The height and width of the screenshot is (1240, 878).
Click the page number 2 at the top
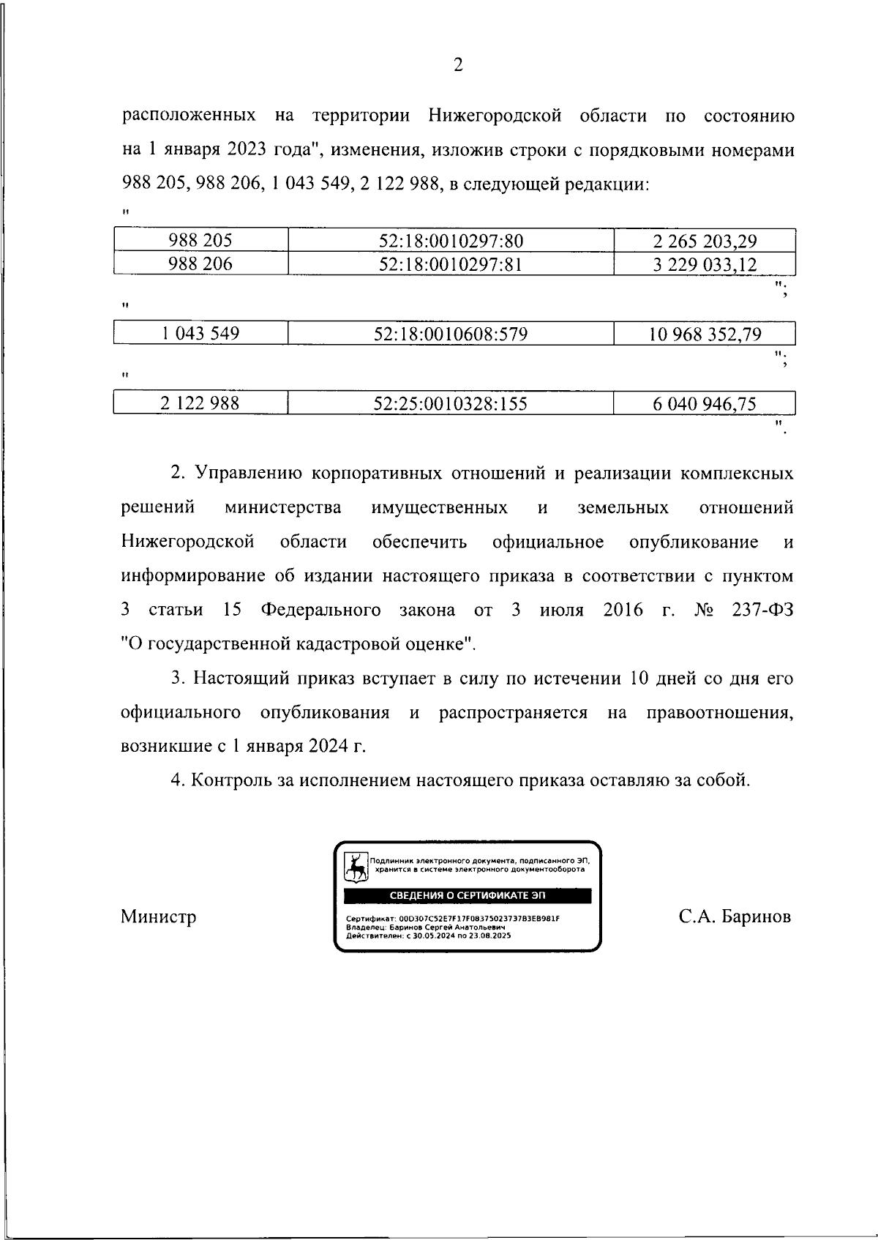coord(458,66)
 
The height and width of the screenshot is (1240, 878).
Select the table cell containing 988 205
coord(200,241)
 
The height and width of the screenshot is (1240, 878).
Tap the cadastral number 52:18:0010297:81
coord(451,264)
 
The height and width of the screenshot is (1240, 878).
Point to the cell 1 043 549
coord(200,335)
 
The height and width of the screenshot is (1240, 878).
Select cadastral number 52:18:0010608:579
coord(451,335)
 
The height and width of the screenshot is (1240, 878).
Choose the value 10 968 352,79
coord(705,335)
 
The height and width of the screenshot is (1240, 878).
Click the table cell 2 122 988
coord(200,403)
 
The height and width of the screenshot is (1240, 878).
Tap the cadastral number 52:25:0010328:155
coord(451,403)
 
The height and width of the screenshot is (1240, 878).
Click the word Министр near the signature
coord(158,917)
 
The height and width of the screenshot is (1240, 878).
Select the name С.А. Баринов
coord(734,917)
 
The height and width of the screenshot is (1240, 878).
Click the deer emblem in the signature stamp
coord(356,869)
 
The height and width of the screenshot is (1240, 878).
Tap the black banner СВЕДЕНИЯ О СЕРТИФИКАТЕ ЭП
coord(468,896)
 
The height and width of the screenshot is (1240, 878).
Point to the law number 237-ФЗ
coord(762,610)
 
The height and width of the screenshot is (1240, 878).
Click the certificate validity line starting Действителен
coord(428,936)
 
